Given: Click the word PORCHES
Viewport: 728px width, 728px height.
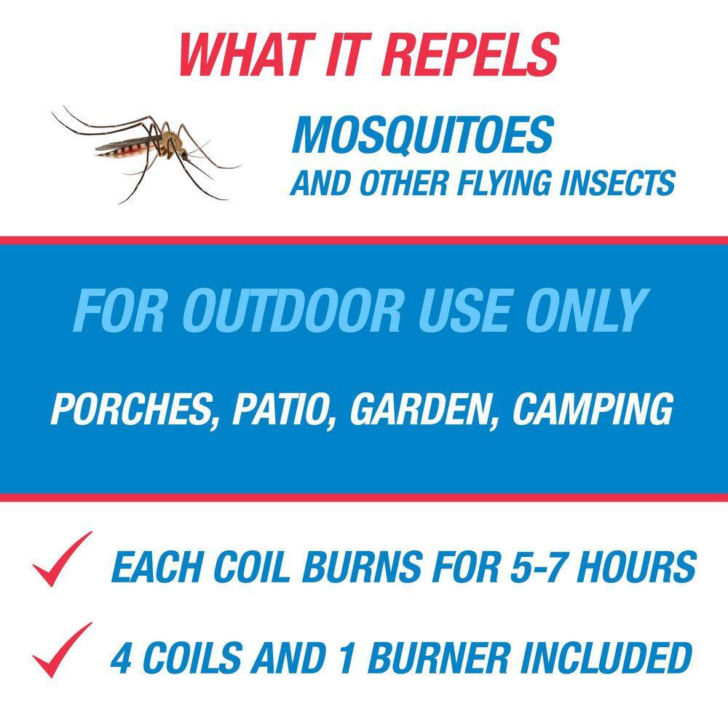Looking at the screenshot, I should click(x=134, y=410).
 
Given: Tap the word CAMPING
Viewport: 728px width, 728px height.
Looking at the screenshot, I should click(x=591, y=410).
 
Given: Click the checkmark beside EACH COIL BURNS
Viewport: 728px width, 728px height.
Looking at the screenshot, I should click(x=62, y=560).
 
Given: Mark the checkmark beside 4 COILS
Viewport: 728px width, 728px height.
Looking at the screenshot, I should click(x=62, y=650).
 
